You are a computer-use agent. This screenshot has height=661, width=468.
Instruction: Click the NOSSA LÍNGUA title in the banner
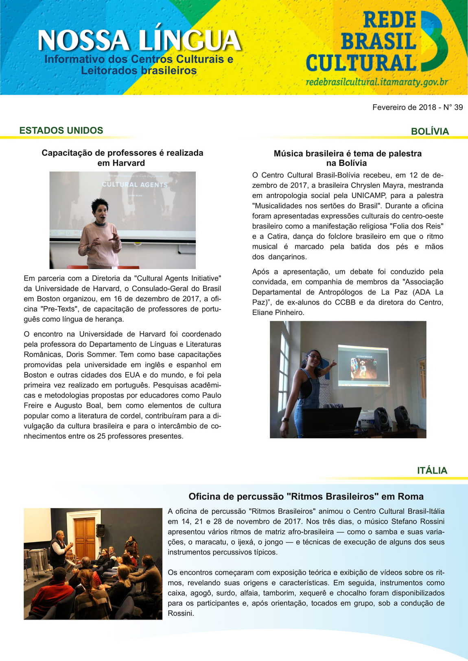[x=139, y=41]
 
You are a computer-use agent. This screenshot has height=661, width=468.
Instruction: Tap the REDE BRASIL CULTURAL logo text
[x=361, y=42]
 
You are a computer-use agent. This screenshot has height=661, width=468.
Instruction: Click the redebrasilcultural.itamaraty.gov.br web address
[x=376, y=82]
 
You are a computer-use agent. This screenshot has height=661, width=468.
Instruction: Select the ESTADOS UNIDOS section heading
[x=61, y=130]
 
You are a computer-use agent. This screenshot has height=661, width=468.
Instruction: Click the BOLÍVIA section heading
[x=430, y=131]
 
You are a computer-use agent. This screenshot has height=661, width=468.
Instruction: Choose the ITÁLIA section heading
[x=432, y=470]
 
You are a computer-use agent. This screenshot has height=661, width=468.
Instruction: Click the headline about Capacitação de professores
[x=122, y=158]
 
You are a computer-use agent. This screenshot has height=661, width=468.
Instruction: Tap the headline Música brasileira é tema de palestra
[x=347, y=158]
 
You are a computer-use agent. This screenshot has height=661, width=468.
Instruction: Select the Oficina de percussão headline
[x=306, y=496]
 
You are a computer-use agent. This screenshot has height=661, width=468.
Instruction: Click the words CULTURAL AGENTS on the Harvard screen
[x=134, y=185]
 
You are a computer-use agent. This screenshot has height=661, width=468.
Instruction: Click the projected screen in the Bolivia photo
[x=363, y=365]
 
